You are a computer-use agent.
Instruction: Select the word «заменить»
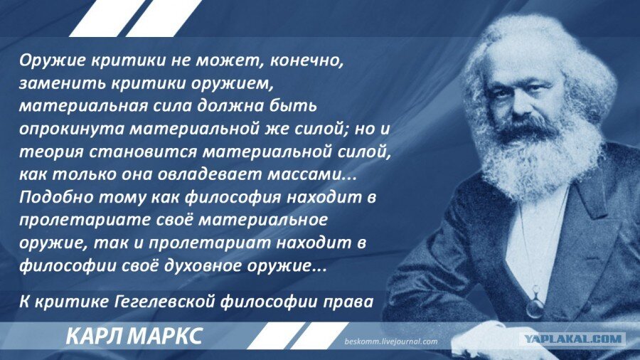pos(55,83)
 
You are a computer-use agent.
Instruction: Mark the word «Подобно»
pos(50,196)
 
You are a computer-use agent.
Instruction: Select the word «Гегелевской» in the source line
pos(164,301)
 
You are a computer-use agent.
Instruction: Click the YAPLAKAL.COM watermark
pos(572,339)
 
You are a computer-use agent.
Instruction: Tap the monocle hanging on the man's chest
pos(535,306)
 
